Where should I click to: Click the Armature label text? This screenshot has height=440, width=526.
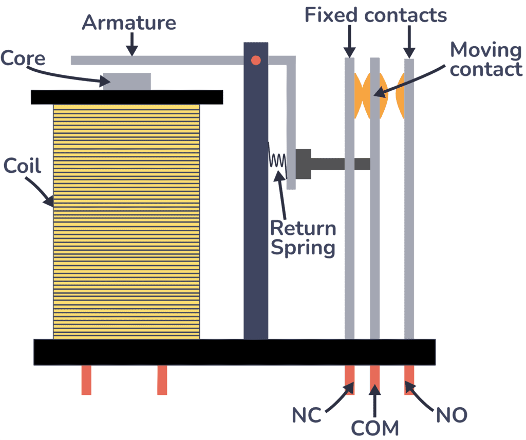(x=129, y=23)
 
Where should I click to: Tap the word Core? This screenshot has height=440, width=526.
(x=23, y=57)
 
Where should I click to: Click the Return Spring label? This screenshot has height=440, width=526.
(x=303, y=237)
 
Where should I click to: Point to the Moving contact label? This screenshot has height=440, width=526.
(x=485, y=59)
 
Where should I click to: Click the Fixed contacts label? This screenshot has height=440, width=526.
(x=376, y=15)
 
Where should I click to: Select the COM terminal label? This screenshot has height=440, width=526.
(x=375, y=427)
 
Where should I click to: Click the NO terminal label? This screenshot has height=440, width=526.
(x=452, y=414)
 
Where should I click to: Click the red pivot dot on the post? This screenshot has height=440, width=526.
(x=256, y=61)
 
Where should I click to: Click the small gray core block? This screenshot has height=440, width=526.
(x=127, y=82)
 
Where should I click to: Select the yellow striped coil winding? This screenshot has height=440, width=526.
(x=126, y=221)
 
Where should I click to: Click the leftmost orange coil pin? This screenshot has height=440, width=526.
(x=86, y=379)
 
